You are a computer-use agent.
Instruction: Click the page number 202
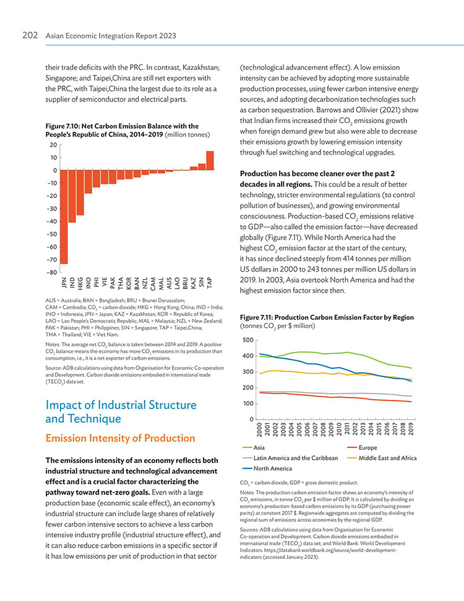(x=30, y=35)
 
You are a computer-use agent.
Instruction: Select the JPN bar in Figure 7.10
(x=64, y=217)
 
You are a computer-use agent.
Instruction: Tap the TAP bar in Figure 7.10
(x=210, y=160)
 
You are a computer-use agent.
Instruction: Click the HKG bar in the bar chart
(x=80, y=192)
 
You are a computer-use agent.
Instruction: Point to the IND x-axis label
(x=72, y=282)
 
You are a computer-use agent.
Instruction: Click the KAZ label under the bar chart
(x=194, y=282)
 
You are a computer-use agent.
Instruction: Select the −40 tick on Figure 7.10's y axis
(x=52, y=222)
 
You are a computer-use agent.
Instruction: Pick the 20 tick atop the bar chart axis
(x=53, y=145)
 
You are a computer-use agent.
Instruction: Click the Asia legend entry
(x=254, y=448)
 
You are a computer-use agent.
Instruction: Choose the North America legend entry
(x=267, y=469)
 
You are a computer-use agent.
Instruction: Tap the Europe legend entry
(x=362, y=448)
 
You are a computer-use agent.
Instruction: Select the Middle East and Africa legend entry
(x=382, y=458)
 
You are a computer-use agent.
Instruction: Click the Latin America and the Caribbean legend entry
(x=290, y=458)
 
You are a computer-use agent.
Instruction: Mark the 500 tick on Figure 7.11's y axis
(x=248, y=340)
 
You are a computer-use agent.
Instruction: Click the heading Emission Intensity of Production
(x=120, y=438)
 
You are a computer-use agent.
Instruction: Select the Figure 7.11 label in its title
(x=256, y=318)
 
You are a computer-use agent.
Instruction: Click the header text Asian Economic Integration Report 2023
(x=111, y=36)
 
